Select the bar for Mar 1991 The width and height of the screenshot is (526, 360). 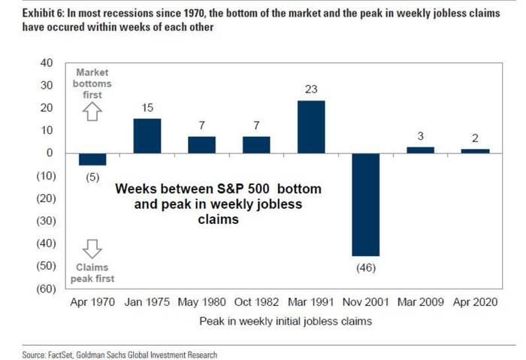pos(311,126)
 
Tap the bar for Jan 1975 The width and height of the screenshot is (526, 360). pos(147,135)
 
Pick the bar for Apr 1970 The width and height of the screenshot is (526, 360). pos(92,159)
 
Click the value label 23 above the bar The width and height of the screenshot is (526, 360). pos(311,89)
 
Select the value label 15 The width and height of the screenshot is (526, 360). pos(147,107)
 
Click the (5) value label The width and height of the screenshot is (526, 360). pos(92,177)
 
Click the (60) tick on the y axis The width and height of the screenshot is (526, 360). pos(44,289)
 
